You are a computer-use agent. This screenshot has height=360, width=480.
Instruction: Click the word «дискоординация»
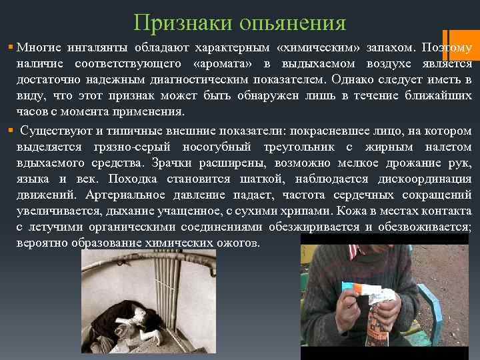[x=425, y=179]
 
